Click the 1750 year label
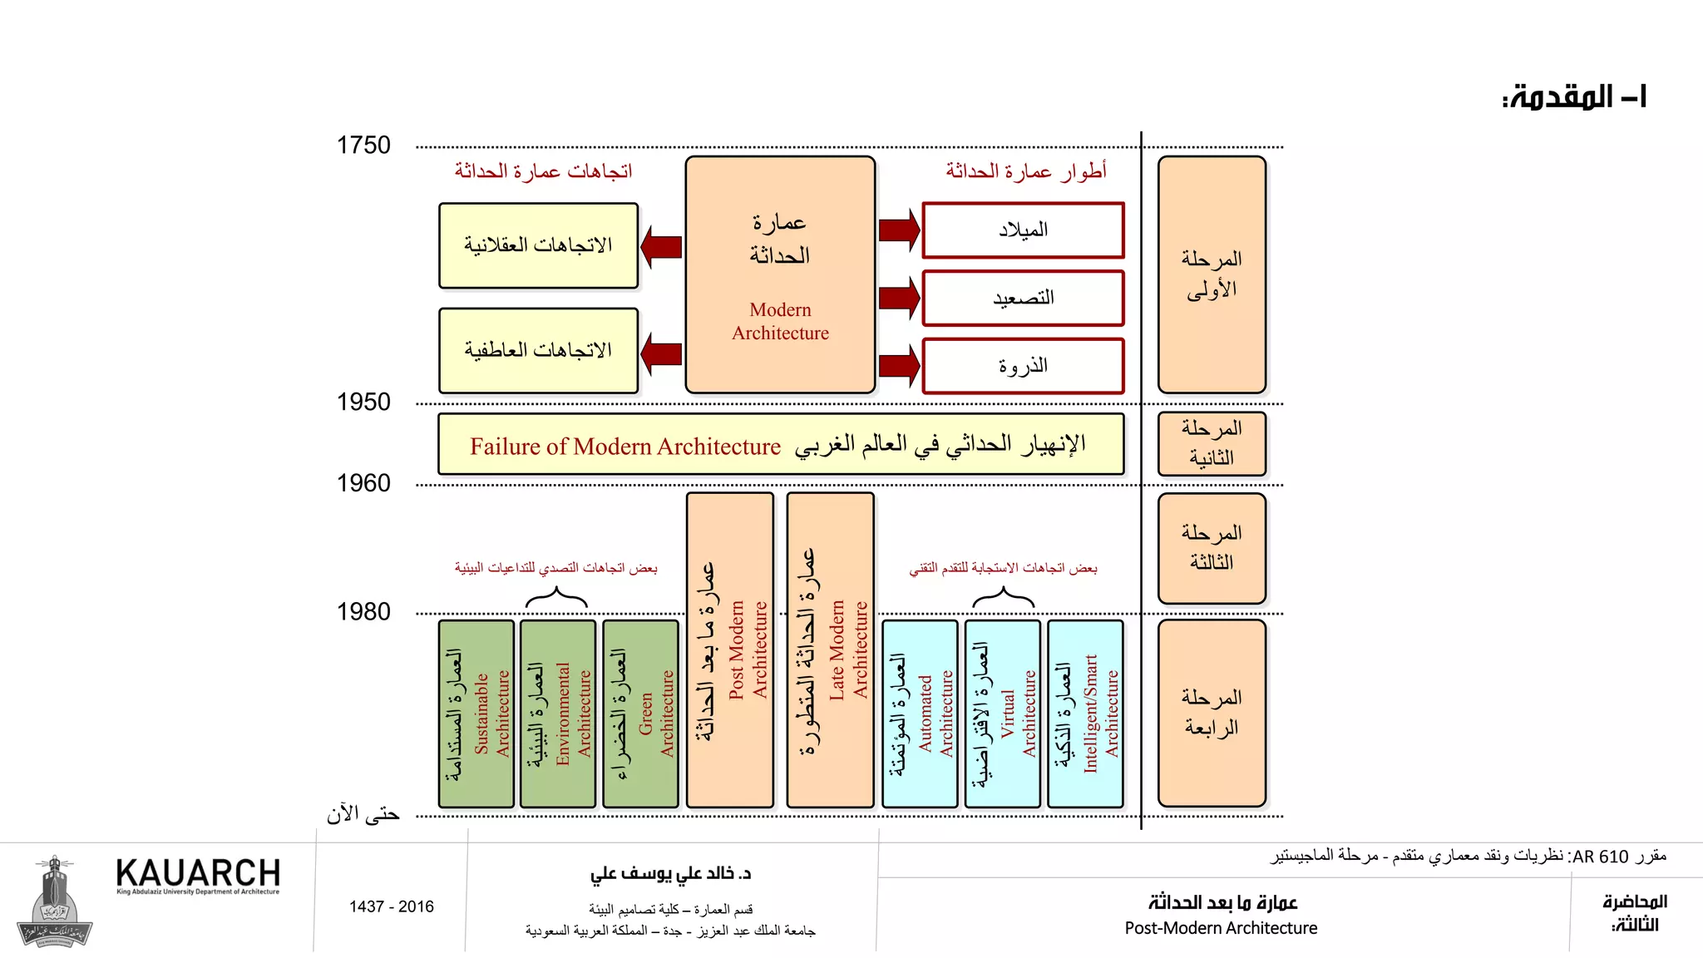(x=363, y=146)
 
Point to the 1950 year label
(x=363, y=402)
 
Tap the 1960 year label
(x=363, y=483)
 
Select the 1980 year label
(x=363, y=612)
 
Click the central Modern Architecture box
(x=780, y=274)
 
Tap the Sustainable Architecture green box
(x=476, y=714)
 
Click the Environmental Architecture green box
(x=558, y=714)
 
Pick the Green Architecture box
(x=640, y=714)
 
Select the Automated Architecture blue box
(x=920, y=714)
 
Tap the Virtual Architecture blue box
(x=1003, y=714)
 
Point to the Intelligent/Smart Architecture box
(x=1085, y=714)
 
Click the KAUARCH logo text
(x=198, y=874)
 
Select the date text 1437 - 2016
(x=391, y=906)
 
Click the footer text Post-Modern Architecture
(x=1221, y=928)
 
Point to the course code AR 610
(x=1601, y=857)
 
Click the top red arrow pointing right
(x=899, y=230)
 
